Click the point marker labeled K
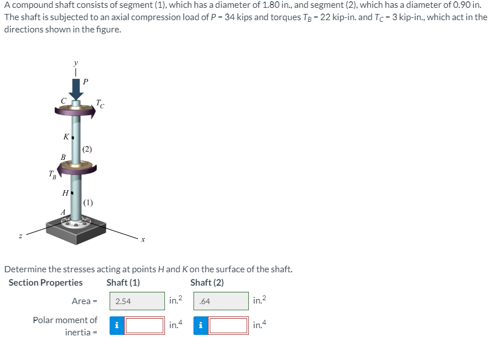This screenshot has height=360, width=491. (72, 137)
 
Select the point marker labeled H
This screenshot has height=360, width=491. (72, 193)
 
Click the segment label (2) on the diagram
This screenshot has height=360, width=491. (87, 149)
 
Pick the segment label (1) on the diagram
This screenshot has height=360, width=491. (88, 202)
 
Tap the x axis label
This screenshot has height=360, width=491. (143, 240)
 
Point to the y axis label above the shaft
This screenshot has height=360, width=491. (75, 63)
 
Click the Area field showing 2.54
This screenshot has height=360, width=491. (137, 301)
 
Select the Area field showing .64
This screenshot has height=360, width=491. (221, 301)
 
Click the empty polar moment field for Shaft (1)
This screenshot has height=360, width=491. (144, 325)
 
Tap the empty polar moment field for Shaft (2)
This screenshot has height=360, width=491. (228, 325)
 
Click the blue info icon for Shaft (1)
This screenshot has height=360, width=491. (116, 325)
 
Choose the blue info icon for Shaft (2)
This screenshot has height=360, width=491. (200, 325)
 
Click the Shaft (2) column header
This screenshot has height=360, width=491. (207, 282)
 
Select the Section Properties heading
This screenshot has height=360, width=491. (45, 282)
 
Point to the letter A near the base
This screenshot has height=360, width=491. (63, 212)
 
